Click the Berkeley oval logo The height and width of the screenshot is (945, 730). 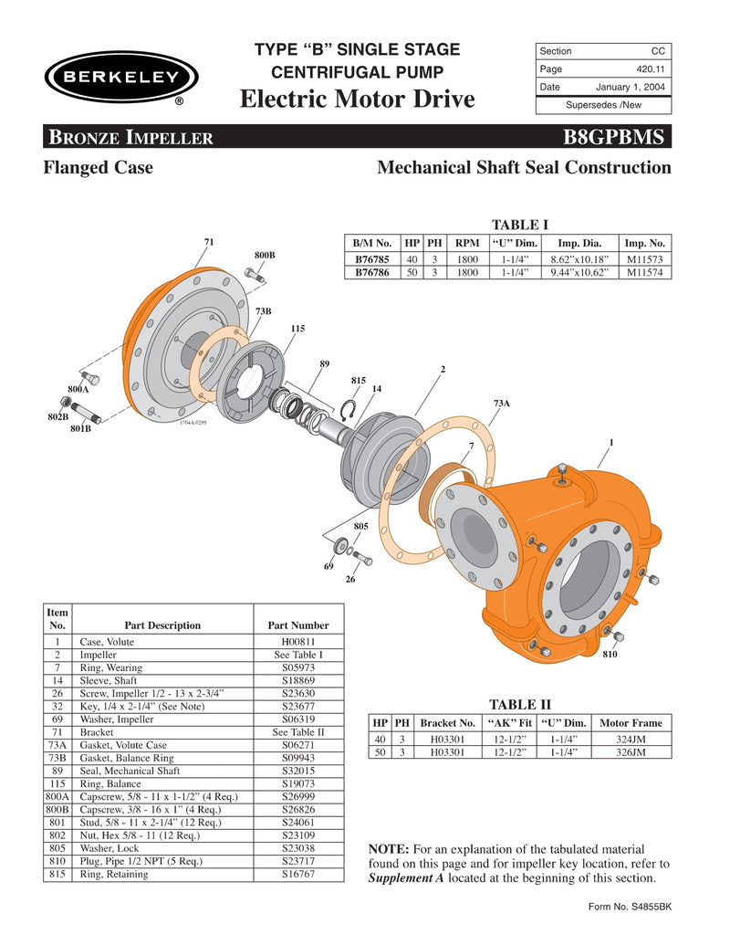[x=120, y=78]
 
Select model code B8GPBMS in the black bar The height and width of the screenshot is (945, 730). [x=617, y=139]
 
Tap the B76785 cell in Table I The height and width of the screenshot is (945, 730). [x=372, y=259]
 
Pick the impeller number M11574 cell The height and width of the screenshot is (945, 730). [x=645, y=272]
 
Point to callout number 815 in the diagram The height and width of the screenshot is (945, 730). [x=359, y=380]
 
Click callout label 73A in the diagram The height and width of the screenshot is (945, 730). [x=501, y=402]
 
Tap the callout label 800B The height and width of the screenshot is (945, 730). [x=265, y=253]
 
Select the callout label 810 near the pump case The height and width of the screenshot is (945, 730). [x=611, y=656]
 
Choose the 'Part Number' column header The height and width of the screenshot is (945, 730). [x=297, y=625]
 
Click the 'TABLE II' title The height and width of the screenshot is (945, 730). [x=520, y=704]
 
